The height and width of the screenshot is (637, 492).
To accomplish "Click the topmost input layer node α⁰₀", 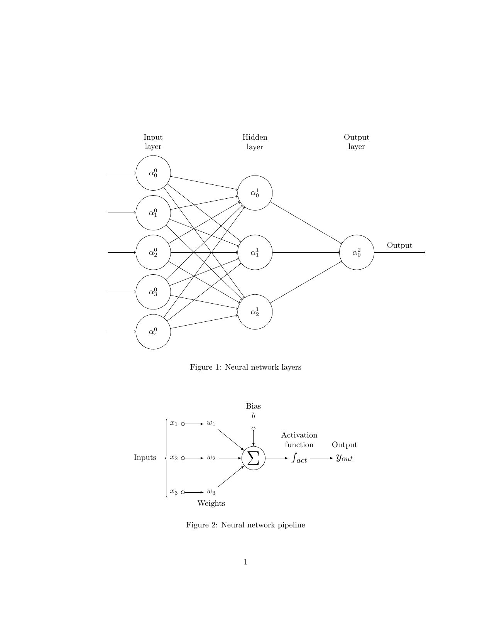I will pos(153,173).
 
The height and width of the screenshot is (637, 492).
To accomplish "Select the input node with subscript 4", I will pos(153,332).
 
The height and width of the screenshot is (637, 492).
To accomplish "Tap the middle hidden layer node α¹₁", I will pos(255,253).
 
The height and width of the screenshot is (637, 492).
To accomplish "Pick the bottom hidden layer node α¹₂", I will pos(255,312).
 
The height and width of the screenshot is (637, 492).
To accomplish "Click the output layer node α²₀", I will pos(357,253).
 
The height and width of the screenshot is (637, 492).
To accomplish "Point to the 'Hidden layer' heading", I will pos(255,142).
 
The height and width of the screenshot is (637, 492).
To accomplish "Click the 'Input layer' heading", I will pos(153,142).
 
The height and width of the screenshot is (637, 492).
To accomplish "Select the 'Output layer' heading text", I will pos(357,142).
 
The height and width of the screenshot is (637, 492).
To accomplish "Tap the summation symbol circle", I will pos(253,458).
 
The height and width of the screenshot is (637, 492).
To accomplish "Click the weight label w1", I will pos(211,424).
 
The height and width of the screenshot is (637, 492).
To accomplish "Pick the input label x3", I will pos(174,492).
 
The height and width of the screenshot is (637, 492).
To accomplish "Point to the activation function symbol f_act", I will pos(299,458).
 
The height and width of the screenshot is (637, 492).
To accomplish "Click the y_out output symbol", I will pos(345,458).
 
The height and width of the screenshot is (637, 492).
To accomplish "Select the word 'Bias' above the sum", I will pos(253,406).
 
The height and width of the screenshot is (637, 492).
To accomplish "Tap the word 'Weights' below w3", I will pos(211,504).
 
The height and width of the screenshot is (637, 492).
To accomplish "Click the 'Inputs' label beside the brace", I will pos(145,458).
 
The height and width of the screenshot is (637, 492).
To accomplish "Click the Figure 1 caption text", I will pos(245,367).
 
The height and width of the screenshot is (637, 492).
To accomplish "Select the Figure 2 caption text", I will pos(245,525).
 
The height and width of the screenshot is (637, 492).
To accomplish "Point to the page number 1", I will pos(245,563).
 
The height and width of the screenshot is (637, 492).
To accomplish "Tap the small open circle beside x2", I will pos(183,458).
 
